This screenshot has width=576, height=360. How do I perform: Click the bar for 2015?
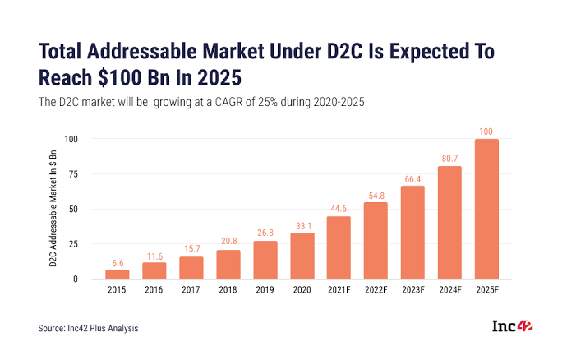pyautogui.click(x=117, y=275)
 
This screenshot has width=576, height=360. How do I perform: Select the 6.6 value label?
pyautogui.click(x=117, y=262)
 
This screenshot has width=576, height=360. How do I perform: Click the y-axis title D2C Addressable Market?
pyautogui.click(x=52, y=209)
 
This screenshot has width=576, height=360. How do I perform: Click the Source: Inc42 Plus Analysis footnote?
pyautogui.click(x=90, y=329)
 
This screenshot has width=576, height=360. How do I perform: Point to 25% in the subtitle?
pyautogui.click(x=284, y=102)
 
